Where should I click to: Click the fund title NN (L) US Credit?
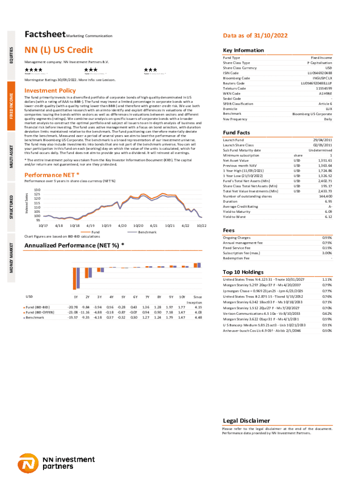coord(58,50)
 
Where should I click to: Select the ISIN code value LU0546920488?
coord(320,73)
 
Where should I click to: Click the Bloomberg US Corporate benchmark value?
coord(312,114)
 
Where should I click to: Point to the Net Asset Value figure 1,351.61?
coord(324,160)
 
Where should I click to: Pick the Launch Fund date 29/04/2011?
coord(323,140)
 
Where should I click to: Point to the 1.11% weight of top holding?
coord(327,279)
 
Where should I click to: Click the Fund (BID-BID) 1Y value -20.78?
coord(72,307)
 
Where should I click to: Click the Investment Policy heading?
coord(50,90)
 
